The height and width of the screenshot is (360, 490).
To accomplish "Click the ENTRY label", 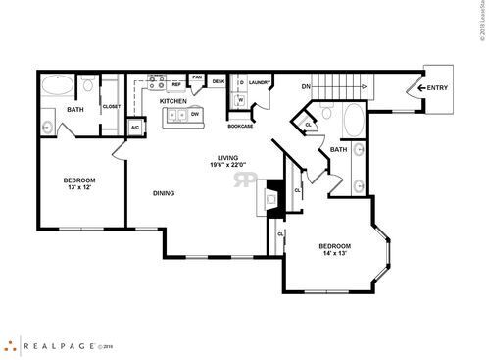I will (x=438, y=88).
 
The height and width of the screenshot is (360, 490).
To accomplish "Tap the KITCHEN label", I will (x=173, y=101).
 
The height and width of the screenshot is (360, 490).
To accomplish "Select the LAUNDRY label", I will (x=260, y=83).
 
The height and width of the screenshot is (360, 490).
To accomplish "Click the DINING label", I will (x=164, y=193).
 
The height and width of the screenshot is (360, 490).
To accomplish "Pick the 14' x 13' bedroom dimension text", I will (x=334, y=253).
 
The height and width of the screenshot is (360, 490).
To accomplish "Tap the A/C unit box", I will (x=136, y=128).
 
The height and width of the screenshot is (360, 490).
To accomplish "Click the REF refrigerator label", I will (x=177, y=85).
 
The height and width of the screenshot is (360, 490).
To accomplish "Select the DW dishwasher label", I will (x=195, y=115).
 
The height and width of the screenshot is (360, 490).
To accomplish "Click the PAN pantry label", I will (x=197, y=77).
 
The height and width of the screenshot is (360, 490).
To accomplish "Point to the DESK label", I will (x=219, y=81).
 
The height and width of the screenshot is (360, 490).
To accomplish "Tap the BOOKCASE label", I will (x=241, y=126).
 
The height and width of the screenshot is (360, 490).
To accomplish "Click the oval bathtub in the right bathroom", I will (x=350, y=124).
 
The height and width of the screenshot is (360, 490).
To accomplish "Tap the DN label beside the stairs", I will (x=306, y=86).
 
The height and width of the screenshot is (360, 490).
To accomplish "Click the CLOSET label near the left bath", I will (x=111, y=106).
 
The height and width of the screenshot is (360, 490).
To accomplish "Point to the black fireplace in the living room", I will (x=274, y=200).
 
